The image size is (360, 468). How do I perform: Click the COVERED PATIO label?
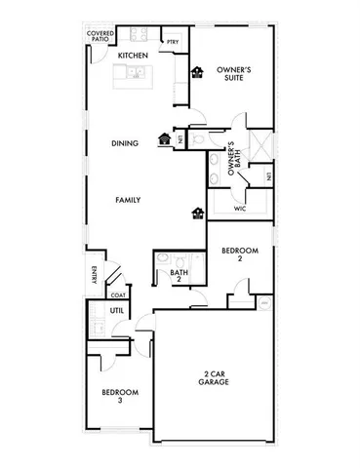point(100,37)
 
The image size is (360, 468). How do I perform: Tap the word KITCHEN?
point(132,56)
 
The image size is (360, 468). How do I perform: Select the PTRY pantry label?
point(172,42)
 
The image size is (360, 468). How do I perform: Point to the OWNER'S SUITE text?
point(234,74)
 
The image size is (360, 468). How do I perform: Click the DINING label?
point(125,143)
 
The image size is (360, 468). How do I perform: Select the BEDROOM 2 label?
point(238,255)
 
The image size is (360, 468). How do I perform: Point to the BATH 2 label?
point(179,277)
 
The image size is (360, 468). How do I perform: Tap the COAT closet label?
point(117,294)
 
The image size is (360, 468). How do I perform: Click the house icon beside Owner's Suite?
point(196,71)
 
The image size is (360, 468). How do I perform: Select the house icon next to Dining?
point(164,138)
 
